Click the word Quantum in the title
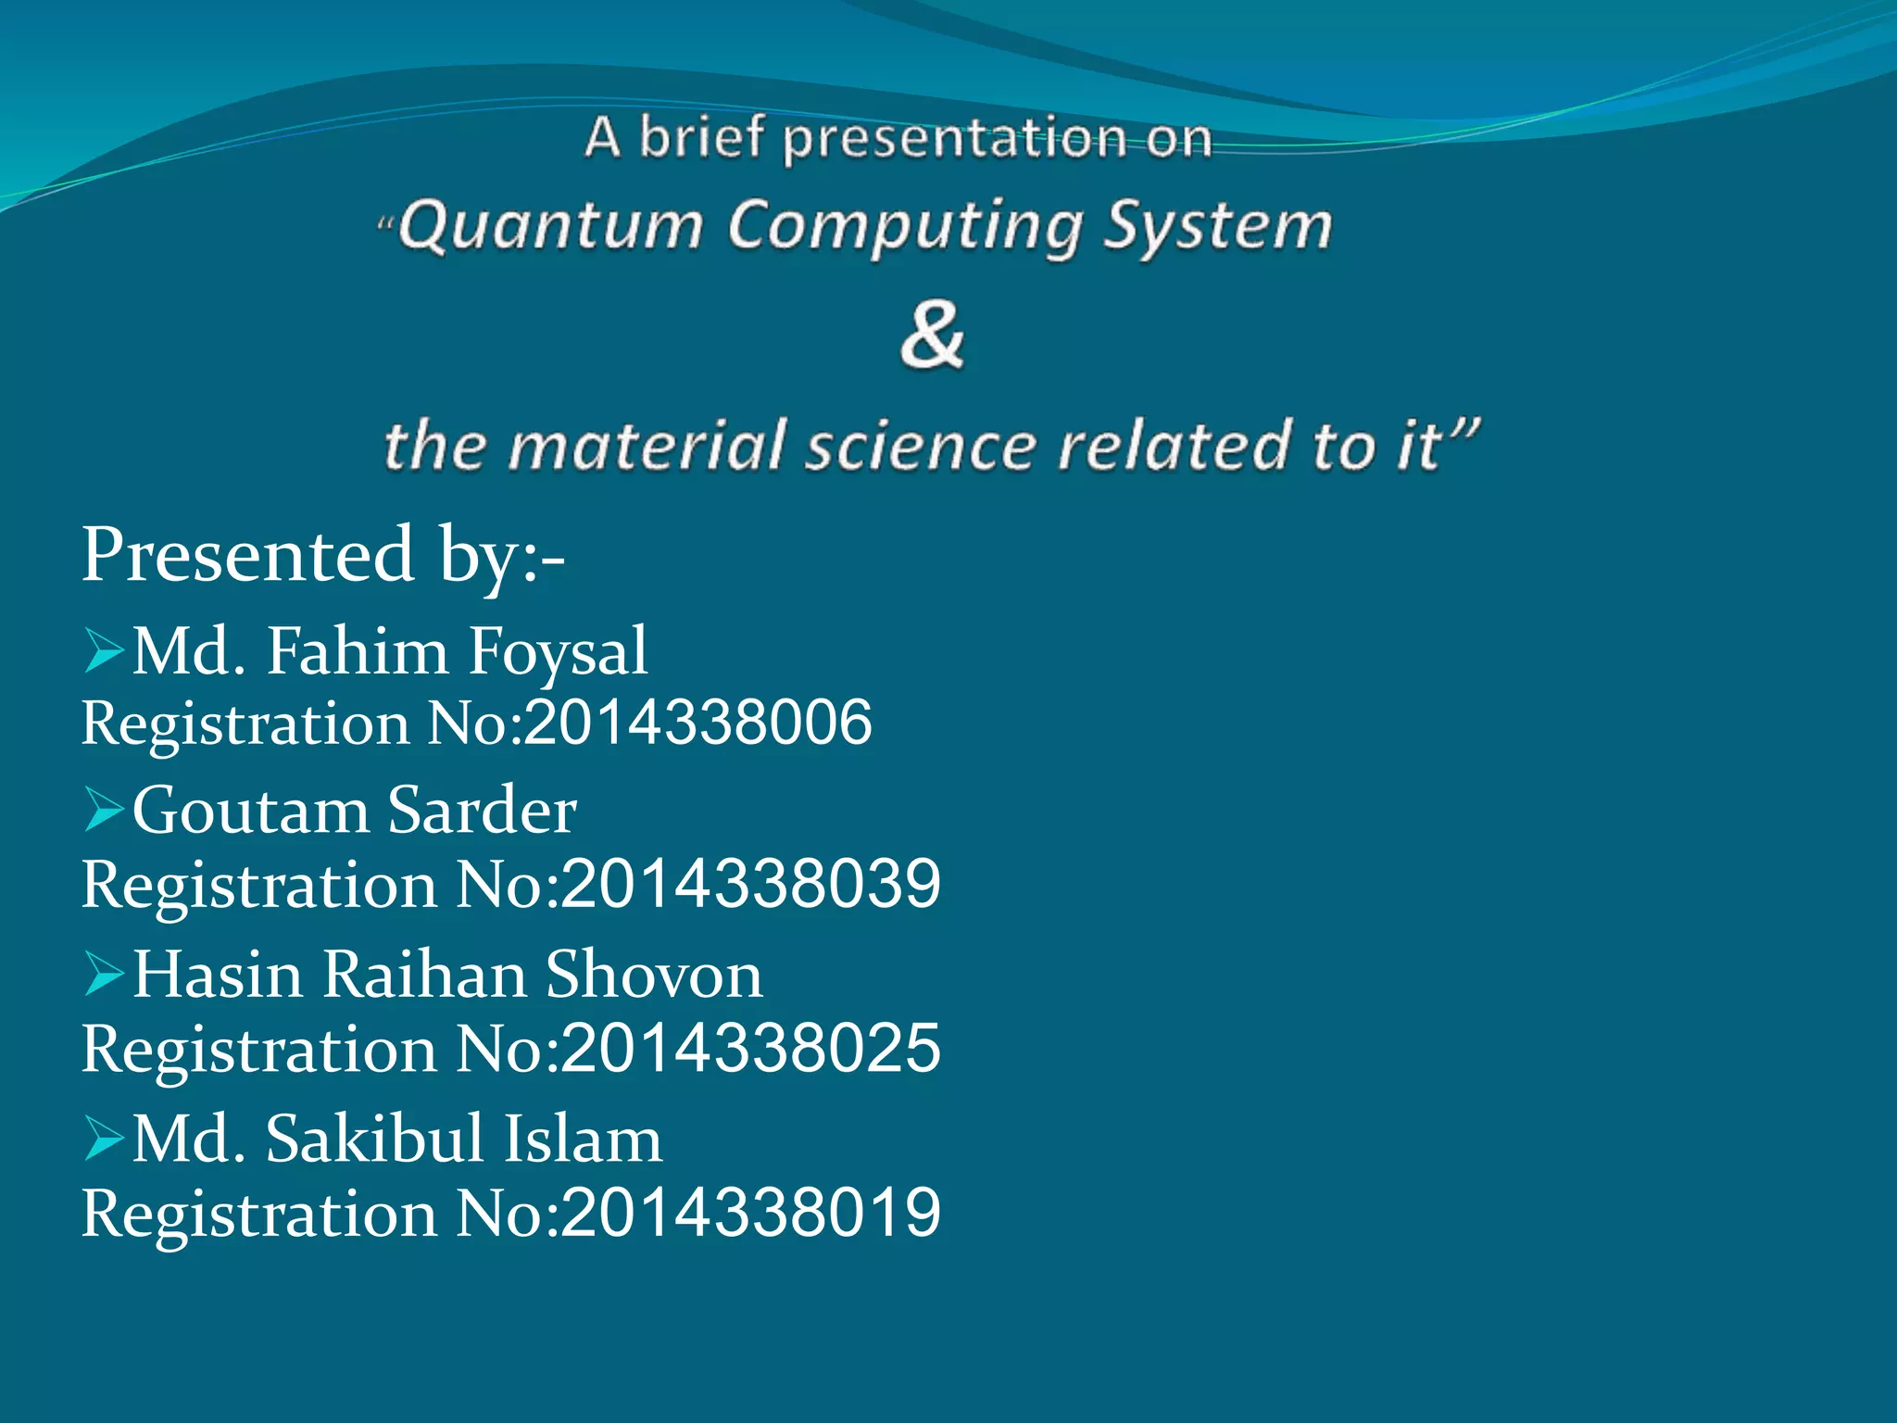click(x=551, y=227)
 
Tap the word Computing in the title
click(x=904, y=227)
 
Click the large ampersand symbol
click(x=932, y=335)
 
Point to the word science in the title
click(x=919, y=446)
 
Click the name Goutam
click(x=250, y=811)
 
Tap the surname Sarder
click(x=482, y=811)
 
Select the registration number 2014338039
click(x=750, y=884)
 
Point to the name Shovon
click(x=654, y=975)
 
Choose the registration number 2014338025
click(x=750, y=1049)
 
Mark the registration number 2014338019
click(x=750, y=1213)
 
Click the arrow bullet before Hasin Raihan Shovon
click(x=104, y=975)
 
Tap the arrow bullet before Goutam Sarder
click(x=104, y=810)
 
